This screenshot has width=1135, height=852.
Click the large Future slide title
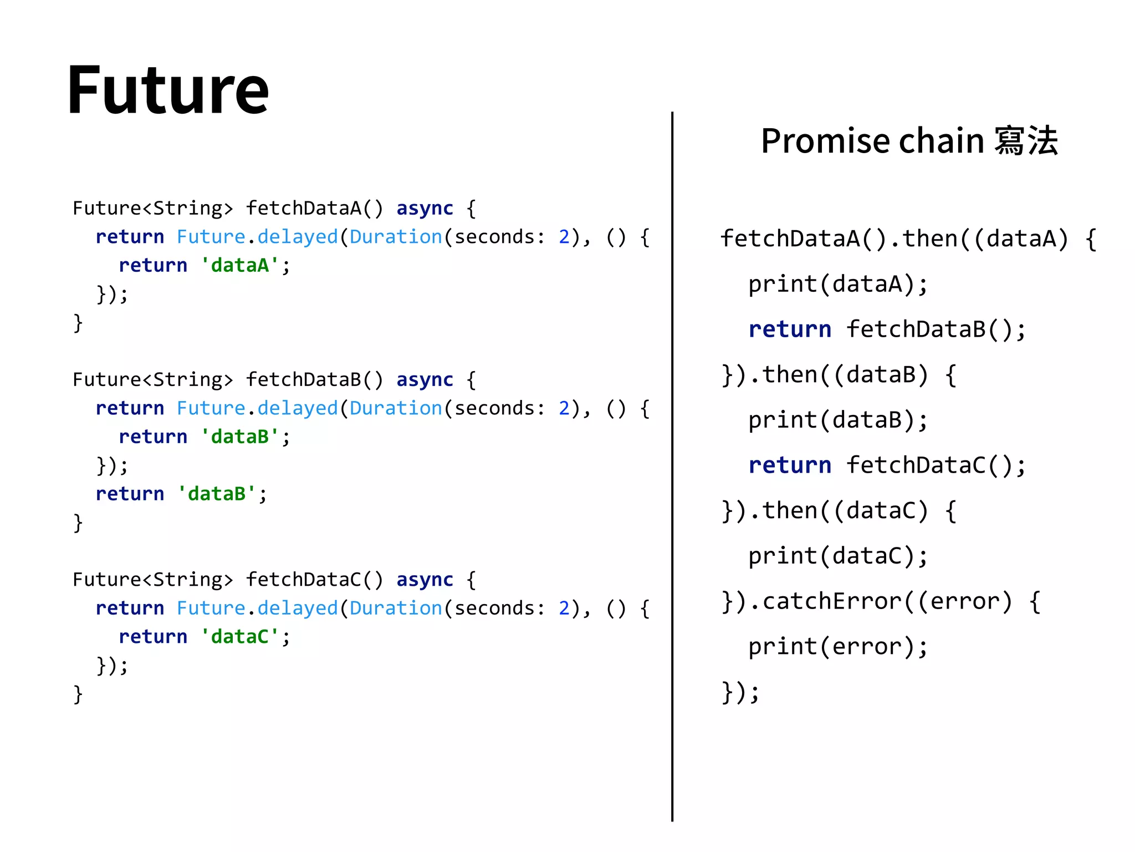click(168, 90)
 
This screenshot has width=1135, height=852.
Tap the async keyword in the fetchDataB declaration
click(425, 379)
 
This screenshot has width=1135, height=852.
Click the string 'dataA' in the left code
click(240, 265)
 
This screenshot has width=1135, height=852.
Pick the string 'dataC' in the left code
click(240, 636)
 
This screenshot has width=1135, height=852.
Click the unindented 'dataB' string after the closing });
click(217, 494)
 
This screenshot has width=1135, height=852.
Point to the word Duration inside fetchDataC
click(395, 608)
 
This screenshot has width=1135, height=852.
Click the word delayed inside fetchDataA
click(298, 237)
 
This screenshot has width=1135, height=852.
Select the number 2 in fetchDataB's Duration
click(564, 408)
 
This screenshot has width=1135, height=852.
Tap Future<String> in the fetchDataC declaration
click(152, 579)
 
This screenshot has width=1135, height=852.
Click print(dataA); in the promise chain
click(837, 284)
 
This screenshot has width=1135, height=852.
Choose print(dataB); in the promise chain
click(837, 420)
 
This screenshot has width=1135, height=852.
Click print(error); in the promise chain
click(837, 647)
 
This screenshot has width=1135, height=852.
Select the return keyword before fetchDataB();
click(790, 329)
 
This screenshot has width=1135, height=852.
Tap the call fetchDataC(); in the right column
click(936, 465)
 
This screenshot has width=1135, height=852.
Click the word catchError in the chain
click(832, 601)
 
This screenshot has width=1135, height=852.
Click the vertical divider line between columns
click(672, 466)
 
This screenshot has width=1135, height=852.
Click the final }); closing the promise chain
click(740, 692)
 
